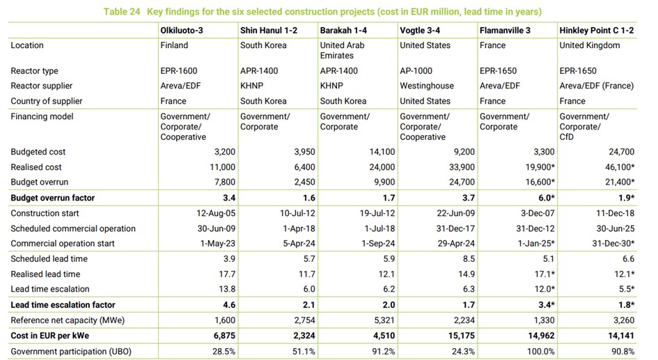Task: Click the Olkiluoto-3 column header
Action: tap(181, 31)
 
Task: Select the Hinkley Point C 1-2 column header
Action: tap(596, 31)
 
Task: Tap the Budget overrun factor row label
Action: tap(53, 198)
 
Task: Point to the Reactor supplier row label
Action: tap(42, 86)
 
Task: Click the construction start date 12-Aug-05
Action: tap(216, 213)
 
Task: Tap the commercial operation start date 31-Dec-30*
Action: tap(613, 243)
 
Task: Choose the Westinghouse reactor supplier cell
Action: tap(427, 86)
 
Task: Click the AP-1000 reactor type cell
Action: tap(416, 71)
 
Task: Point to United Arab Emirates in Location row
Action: tap(342, 50)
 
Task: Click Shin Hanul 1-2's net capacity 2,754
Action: tap(305, 320)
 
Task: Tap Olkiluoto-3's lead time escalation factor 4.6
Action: tap(229, 304)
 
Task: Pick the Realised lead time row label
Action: tap(45, 274)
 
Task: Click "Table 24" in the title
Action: tap(122, 11)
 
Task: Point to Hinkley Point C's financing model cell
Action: tap(583, 127)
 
